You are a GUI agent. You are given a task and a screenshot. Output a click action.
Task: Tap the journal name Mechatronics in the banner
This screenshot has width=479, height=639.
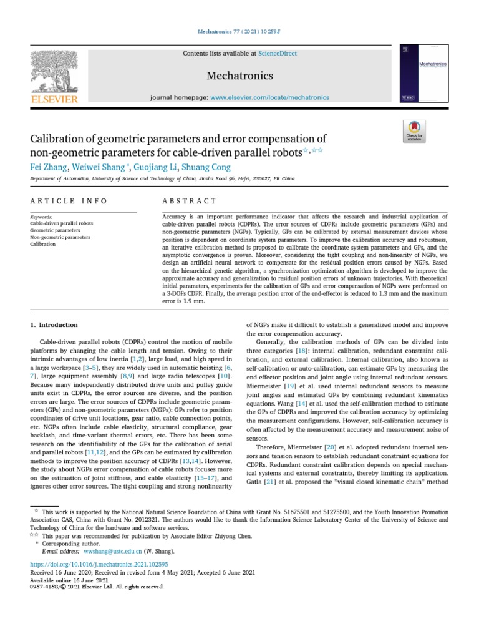point(239,76)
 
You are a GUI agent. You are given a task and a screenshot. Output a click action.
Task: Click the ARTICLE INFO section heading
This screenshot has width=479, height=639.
point(69,201)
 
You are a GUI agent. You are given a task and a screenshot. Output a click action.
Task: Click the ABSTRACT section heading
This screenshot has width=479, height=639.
point(189,201)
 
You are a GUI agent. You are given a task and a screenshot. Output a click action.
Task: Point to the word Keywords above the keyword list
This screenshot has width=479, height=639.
point(41,217)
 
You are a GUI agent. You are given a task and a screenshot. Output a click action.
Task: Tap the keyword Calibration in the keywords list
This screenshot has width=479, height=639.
point(43,244)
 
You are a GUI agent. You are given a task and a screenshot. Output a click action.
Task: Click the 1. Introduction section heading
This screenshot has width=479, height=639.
point(54,325)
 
